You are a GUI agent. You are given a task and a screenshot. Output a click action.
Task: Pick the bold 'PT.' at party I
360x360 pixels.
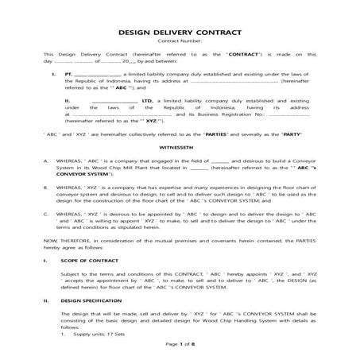coord(68,73)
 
